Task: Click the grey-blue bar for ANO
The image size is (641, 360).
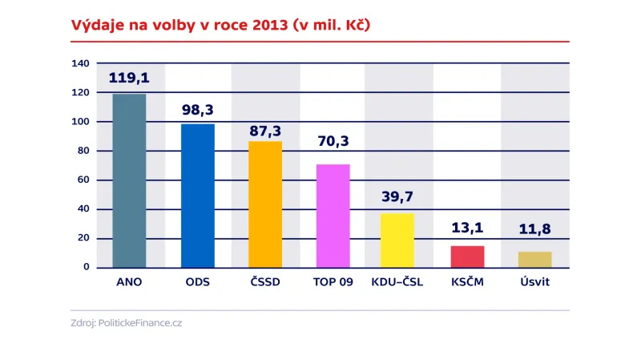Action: pos(129,181)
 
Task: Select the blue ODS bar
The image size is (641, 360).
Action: pos(197,196)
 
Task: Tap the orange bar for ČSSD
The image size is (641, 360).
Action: pos(265,204)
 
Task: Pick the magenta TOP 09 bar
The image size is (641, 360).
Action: pos(333,216)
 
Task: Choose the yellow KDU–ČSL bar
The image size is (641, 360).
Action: pos(397,240)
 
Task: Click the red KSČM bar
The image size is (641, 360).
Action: pos(467,257)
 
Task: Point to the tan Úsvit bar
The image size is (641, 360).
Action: pos(534,259)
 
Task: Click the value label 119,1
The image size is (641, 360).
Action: pos(129,79)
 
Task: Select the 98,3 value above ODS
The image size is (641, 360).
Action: pos(197,109)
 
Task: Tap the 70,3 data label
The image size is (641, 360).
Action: pos(333,142)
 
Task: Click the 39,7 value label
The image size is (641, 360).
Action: pos(397,196)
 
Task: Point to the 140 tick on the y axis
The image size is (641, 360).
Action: pos(80,63)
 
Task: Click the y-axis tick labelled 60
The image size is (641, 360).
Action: pos(83,180)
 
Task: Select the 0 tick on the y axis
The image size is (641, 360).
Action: pos(87,267)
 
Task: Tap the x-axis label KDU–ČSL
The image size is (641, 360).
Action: pos(397,282)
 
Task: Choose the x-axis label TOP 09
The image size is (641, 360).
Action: pos(333,282)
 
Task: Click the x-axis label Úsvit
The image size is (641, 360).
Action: pos(534,282)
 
